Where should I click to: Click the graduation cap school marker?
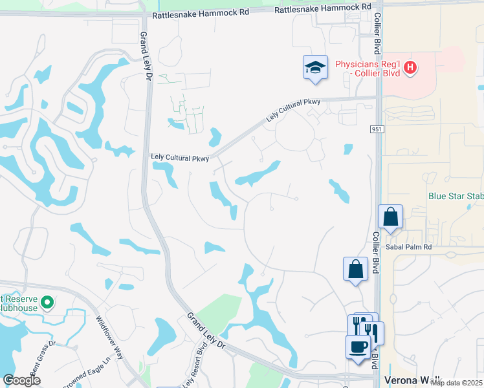[314, 67]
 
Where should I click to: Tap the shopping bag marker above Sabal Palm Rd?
[391, 217]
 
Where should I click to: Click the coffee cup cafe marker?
[358, 347]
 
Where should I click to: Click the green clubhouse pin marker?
[47, 302]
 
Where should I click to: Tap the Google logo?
[22, 380]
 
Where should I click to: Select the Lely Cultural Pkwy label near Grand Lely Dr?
[179, 157]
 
